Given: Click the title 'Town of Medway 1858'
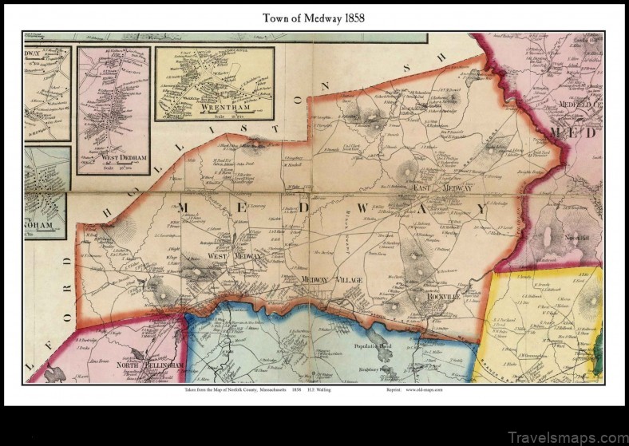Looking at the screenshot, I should pos(314,17).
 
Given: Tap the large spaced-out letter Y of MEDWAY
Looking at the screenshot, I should pos(481,207).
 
